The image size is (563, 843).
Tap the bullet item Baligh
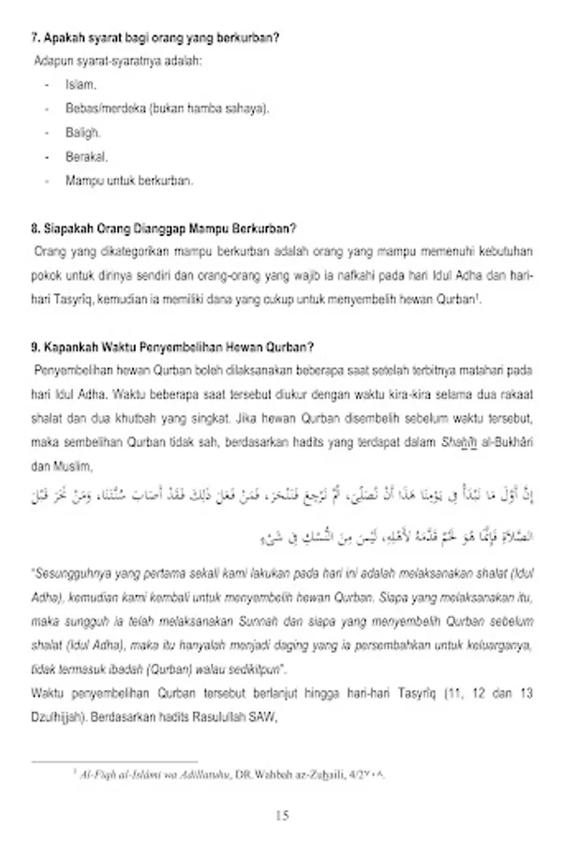click(x=82, y=133)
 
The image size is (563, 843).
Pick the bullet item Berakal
click(x=86, y=157)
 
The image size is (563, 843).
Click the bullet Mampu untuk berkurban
click(x=129, y=182)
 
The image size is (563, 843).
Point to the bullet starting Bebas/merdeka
click(x=167, y=109)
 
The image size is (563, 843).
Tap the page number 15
click(x=282, y=816)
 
